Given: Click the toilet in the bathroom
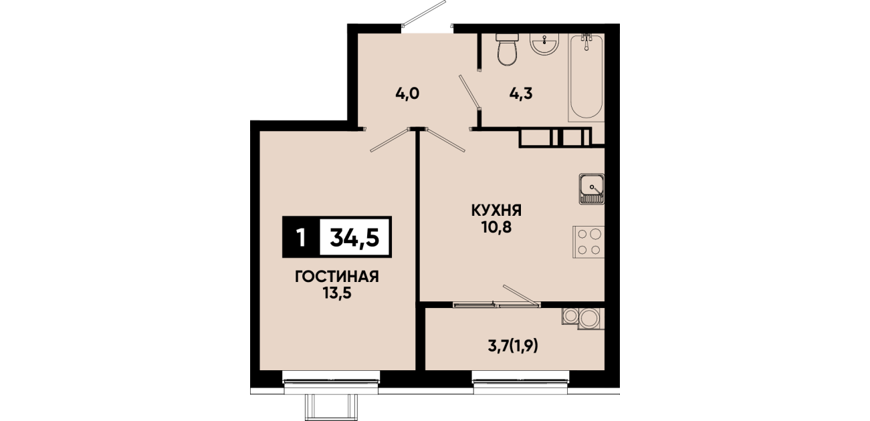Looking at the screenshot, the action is pos(508,49).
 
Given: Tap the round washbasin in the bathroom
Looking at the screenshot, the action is pos(544,43).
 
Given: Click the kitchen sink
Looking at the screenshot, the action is pos(592,189).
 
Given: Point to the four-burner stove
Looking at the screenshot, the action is pos(588,242).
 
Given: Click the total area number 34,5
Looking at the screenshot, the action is pos(354,237).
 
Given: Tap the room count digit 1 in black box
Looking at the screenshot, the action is pos(300,237).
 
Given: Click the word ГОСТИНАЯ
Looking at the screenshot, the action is pos(337,277).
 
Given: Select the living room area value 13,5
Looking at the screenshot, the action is pos(337,293).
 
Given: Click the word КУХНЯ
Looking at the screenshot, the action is pos(496,210).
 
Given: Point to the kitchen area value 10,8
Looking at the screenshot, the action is pos(496,227).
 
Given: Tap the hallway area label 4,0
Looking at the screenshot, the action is pos(407,94).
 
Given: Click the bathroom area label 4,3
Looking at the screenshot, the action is pos(521,94).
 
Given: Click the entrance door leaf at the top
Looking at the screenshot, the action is pos(424,13).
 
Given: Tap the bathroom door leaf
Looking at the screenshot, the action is pos(469,92).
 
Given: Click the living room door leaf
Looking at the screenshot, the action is pos(389,140).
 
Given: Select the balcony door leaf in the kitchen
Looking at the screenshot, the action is pos(521,295).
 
